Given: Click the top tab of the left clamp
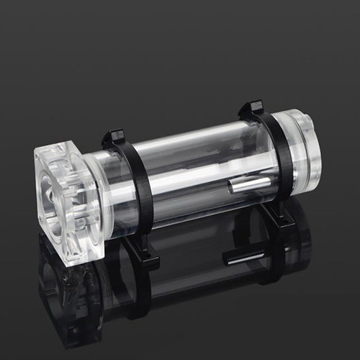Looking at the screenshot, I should (114, 136).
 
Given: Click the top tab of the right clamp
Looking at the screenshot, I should (251, 108).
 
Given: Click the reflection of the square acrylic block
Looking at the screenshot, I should (68, 295).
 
